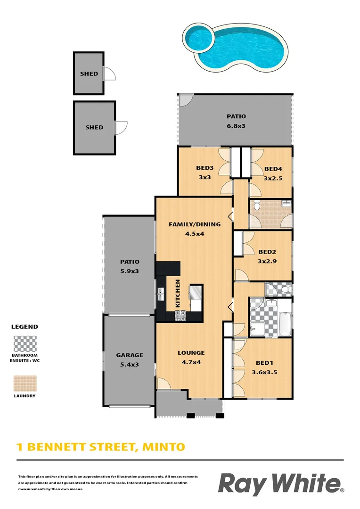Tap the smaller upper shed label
click(x=89, y=74)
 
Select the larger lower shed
click(x=94, y=128)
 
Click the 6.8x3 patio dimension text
click(x=236, y=126)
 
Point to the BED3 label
click(x=204, y=168)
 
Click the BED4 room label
click(x=273, y=169)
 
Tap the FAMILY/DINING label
click(x=194, y=224)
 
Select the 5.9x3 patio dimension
click(x=129, y=271)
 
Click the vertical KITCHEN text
click(x=178, y=294)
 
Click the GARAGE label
click(x=129, y=355)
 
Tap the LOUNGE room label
click(x=191, y=353)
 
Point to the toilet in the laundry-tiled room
click(x=257, y=206)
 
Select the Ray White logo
click(x=280, y=484)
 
